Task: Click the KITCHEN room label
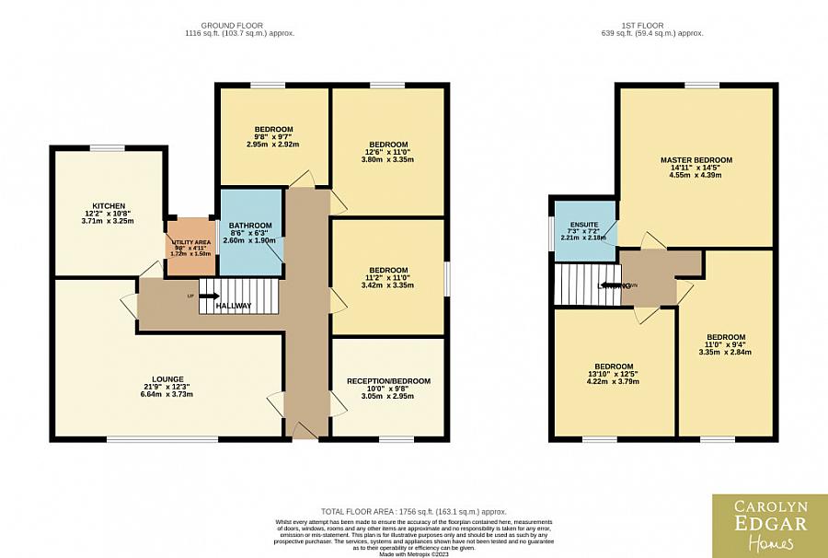(108, 205)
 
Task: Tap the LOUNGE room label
(168, 378)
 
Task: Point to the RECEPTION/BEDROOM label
(387, 381)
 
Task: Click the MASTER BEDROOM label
(696, 159)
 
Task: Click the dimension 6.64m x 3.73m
(168, 394)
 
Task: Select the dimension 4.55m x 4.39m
(696, 175)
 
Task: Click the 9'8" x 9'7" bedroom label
(273, 129)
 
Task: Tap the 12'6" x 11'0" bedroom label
(387, 145)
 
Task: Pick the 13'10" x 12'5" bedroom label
(613, 366)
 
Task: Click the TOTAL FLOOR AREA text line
(413, 511)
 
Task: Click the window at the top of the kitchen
(107, 147)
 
